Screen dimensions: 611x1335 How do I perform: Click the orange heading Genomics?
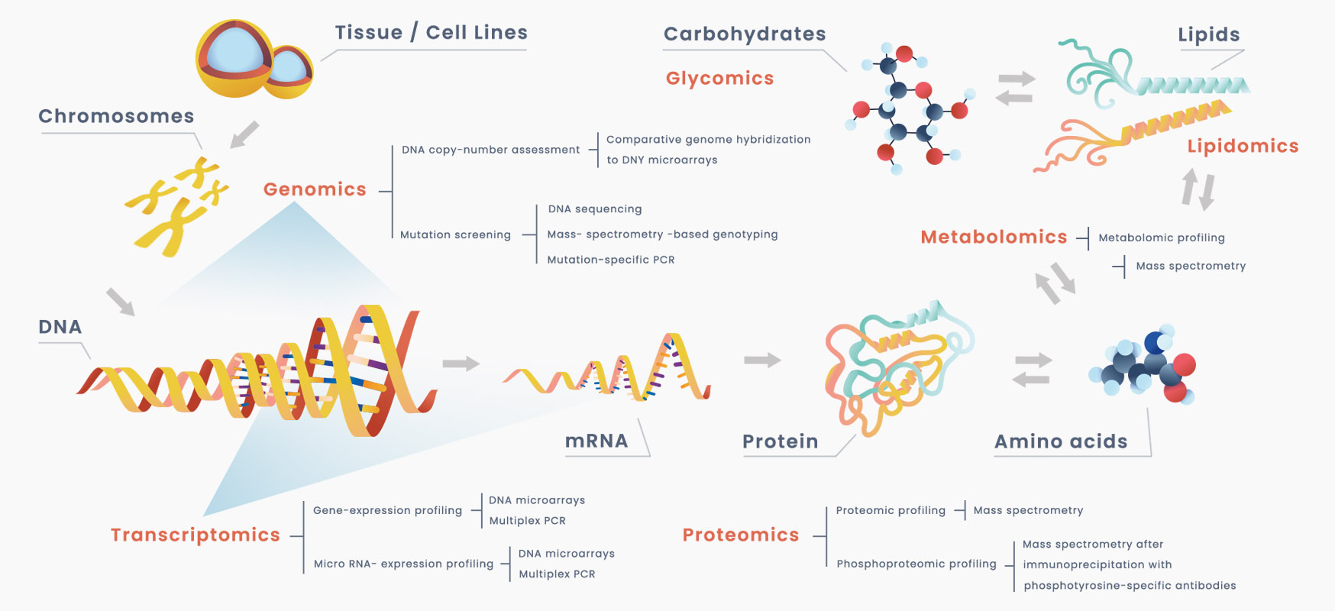tap(315, 189)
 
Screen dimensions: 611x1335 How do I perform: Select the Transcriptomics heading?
tap(196, 535)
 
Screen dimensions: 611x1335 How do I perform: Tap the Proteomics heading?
tap(740, 535)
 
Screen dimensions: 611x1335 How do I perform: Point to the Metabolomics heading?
tap(994, 238)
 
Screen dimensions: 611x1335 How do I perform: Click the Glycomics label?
tap(719, 79)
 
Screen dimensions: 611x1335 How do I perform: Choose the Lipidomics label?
tap(1243, 147)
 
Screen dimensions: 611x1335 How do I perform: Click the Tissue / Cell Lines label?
tap(431, 33)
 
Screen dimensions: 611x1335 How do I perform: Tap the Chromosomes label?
tap(116, 116)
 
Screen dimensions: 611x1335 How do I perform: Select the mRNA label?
tap(596, 441)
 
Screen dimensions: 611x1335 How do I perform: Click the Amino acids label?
tap(1061, 441)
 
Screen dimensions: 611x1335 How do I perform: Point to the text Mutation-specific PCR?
tap(610, 260)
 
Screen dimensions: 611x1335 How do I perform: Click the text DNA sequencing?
tap(594, 209)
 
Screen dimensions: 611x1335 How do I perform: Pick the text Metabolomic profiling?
tap(1161, 238)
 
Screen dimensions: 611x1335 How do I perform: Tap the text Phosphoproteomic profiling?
tap(916, 564)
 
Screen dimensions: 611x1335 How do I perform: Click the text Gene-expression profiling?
tap(387, 510)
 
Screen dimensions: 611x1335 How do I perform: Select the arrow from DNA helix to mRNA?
tap(461, 364)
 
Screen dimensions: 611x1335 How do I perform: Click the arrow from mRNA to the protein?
tap(762, 360)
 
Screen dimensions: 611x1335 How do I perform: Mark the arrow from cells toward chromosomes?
tap(244, 134)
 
